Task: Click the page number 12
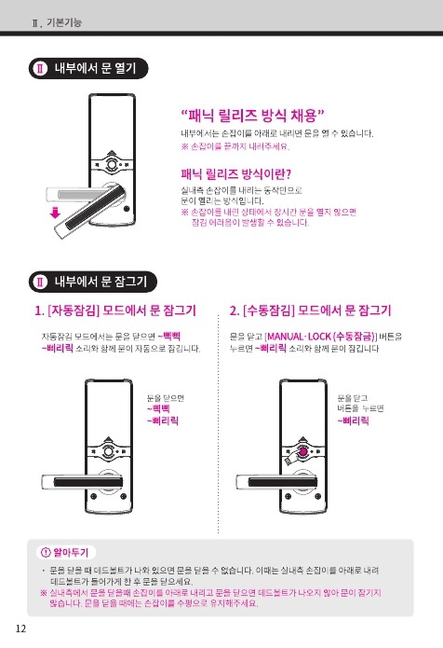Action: coord(20,628)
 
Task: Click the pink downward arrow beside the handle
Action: coord(55,213)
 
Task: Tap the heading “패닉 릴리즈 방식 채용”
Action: coord(253,116)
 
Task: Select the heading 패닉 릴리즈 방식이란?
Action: coord(236,174)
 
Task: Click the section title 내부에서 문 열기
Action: coord(95,68)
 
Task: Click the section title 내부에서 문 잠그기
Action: coord(101,282)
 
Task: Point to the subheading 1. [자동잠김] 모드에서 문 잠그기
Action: coord(115,310)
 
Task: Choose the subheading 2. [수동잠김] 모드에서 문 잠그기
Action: coord(310,310)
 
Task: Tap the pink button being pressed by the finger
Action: coord(302,451)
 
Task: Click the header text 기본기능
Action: coord(64,21)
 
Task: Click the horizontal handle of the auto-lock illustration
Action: coord(83,482)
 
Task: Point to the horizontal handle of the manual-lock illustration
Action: coord(277,482)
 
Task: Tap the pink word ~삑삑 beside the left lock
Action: coord(158,409)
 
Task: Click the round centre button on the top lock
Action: coord(112,164)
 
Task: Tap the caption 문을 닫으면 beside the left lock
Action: coord(166,398)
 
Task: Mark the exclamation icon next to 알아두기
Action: coord(46,552)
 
